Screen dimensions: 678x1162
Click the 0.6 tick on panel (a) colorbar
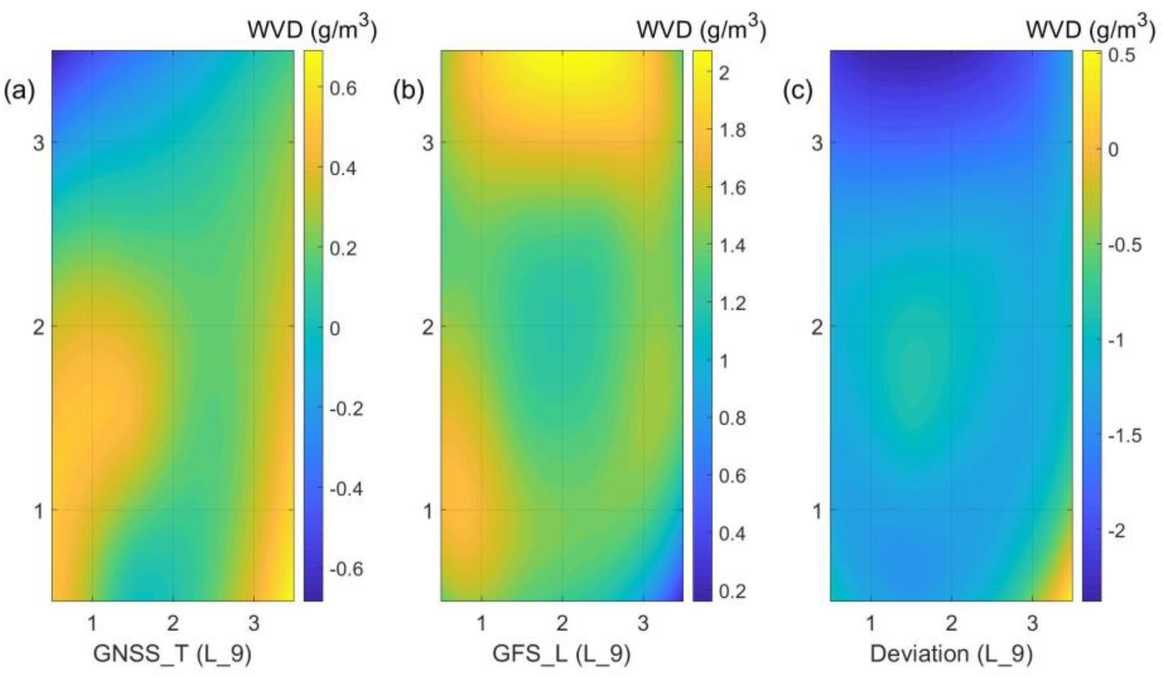(343, 89)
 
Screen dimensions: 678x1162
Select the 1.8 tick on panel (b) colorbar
(732, 131)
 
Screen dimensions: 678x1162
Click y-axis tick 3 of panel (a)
(39, 143)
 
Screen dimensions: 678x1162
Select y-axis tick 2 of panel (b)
(428, 328)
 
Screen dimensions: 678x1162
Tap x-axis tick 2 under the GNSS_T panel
(173, 623)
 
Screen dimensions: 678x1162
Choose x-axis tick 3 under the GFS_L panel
(643, 623)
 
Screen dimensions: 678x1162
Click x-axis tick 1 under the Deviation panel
(870, 623)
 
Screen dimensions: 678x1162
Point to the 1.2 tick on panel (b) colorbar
(732, 304)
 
